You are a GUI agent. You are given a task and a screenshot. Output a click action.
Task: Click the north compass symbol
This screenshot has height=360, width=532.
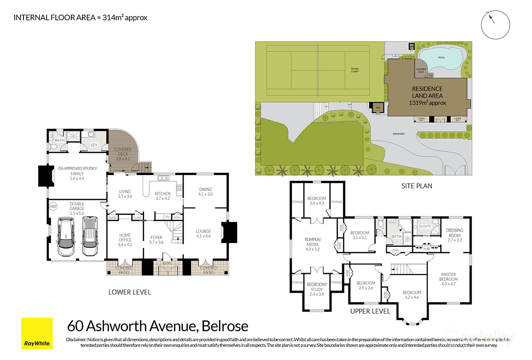click(495, 24)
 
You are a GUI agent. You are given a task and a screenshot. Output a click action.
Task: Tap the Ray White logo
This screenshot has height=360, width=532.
click(37, 333)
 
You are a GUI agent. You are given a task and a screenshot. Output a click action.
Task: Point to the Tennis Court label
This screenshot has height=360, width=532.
click(355, 70)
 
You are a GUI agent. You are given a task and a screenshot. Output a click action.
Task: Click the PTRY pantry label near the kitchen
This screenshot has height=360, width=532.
click(177, 217)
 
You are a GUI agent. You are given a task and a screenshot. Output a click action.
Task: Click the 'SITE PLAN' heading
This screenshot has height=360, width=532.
click(417, 186)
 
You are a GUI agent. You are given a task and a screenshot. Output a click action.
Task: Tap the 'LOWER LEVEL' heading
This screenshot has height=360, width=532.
click(130, 292)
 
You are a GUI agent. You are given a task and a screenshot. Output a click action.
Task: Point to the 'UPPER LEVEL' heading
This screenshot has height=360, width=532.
click(370, 311)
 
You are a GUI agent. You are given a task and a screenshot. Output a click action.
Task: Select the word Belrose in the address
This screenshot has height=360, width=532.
click(225, 327)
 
